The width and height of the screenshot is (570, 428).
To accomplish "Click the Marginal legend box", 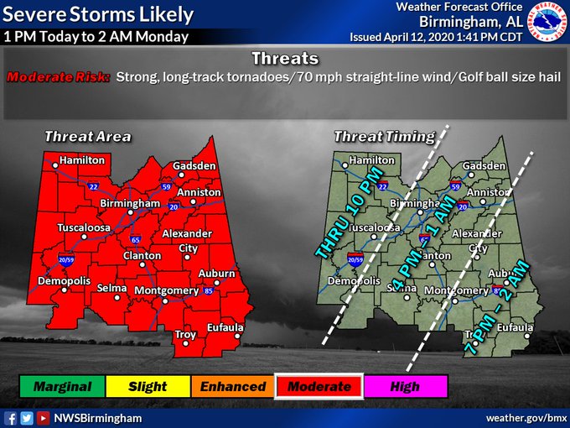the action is (x=63, y=386).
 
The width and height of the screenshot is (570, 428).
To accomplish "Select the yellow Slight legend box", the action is (x=148, y=386).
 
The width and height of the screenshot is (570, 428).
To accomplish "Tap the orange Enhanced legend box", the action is (x=233, y=386).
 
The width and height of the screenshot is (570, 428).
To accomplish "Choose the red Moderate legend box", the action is (x=319, y=386).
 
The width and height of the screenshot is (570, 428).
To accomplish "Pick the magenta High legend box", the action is (x=406, y=386).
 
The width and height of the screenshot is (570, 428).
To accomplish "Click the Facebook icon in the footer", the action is (x=11, y=417).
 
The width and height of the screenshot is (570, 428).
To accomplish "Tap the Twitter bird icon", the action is (x=26, y=417).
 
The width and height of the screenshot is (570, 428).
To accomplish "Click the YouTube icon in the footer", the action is (x=42, y=417).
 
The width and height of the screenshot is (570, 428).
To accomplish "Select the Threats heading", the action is (x=285, y=59).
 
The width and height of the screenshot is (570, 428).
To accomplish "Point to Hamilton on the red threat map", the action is (x=82, y=159).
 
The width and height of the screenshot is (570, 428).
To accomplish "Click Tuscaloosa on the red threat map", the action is (x=85, y=227).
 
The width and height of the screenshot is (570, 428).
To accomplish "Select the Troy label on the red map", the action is (x=185, y=335).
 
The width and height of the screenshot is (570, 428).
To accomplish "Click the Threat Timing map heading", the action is (x=384, y=136).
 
